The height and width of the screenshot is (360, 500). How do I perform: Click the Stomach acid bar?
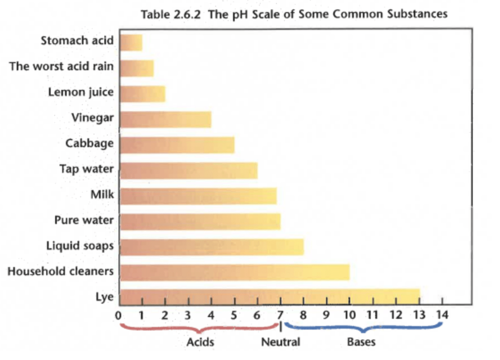(131, 42)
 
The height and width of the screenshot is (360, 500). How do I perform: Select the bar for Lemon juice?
(143, 93)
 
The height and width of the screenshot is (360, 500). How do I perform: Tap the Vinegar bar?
(166, 119)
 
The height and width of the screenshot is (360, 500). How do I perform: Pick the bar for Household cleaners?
(235, 272)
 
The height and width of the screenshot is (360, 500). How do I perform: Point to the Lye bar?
(270, 297)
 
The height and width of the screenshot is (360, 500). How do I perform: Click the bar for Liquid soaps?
(212, 247)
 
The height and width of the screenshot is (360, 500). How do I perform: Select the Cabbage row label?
(89, 143)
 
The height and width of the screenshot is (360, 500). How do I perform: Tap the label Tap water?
(86, 169)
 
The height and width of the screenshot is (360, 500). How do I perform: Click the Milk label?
(102, 194)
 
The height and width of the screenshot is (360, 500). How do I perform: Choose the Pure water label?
(84, 220)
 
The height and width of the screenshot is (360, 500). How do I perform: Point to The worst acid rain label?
(62, 67)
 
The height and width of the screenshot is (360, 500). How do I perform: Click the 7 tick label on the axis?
(280, 315)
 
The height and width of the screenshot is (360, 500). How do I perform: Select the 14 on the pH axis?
(442, 315)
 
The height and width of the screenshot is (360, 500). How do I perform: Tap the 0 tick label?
(118, 315)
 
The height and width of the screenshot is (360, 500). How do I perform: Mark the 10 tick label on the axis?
(349, 315)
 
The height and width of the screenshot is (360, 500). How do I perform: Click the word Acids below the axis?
(200, 342)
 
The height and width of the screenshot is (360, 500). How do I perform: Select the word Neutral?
(280, 342)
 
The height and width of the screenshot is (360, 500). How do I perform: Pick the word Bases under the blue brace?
(361, 342)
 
